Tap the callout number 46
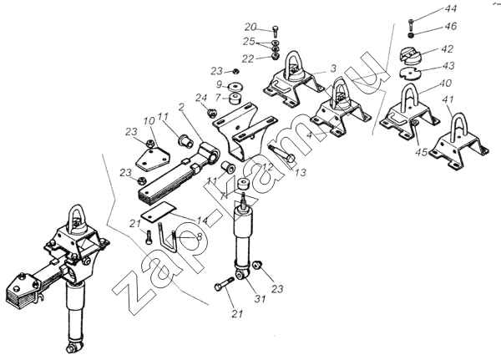coord(451,26)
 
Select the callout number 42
coord(447,49)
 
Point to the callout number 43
coord(448,65)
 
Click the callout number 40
coord(445,84)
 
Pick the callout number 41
coord(448,99)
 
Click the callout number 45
coord(421,152)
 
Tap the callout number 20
coord(250,28)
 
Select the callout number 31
coord(260,299)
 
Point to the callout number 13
coord(301,172)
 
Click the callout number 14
coord(203,221)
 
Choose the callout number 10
coord(149,121)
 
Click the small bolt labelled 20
coord(276,31)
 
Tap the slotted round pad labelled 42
coord(411,55)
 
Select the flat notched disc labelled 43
coord(410,73)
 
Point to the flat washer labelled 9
coord(237,86)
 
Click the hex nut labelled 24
coord(211,113)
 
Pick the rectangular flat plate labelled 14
coord(159,211)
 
